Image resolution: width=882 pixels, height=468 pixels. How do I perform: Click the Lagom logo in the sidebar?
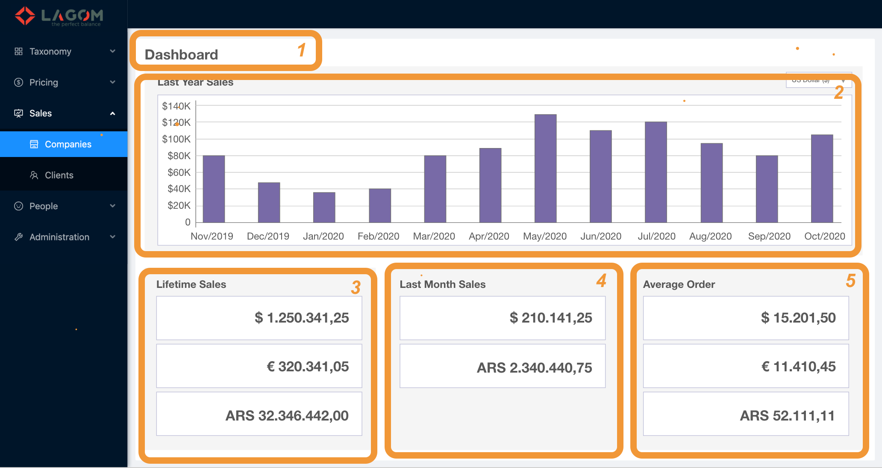click(x=59, y=16)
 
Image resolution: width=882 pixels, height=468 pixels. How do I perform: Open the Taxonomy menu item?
click(x=50, y=51)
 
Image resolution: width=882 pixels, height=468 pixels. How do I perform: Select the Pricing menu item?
click(x=44, y=82)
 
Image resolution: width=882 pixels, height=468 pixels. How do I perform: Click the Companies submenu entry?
click(x=68, y=144)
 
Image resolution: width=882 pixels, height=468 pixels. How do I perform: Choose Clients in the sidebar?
click(x=59, y=175)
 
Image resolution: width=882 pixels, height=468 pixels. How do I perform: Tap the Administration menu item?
click(x=59, y=237)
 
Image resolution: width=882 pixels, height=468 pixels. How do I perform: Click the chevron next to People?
click(x=113, y=206)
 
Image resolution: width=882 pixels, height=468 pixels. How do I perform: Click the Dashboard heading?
click(x=181, y=55)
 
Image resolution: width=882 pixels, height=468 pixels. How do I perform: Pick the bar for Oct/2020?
click(x=822, y=178)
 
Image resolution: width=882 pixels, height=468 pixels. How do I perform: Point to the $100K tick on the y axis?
click(x=176, y=139)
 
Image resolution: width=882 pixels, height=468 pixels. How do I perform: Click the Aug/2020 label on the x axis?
click(x=710, y=236)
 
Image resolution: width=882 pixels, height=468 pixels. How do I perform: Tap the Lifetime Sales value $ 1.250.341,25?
click(x=302, y=318)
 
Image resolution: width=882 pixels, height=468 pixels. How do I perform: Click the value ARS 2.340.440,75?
click(x=534, y=367)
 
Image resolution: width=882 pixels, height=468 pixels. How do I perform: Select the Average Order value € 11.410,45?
click(x=798, y=367)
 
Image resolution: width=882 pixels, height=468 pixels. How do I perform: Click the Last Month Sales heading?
click(x=442, y=284)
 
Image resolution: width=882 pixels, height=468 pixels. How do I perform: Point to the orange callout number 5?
click(x=850, y=281)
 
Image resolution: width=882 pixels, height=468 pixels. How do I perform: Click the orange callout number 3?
click(x=356, y=287)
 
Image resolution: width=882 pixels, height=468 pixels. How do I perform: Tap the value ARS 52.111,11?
click(x=787, y=415)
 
